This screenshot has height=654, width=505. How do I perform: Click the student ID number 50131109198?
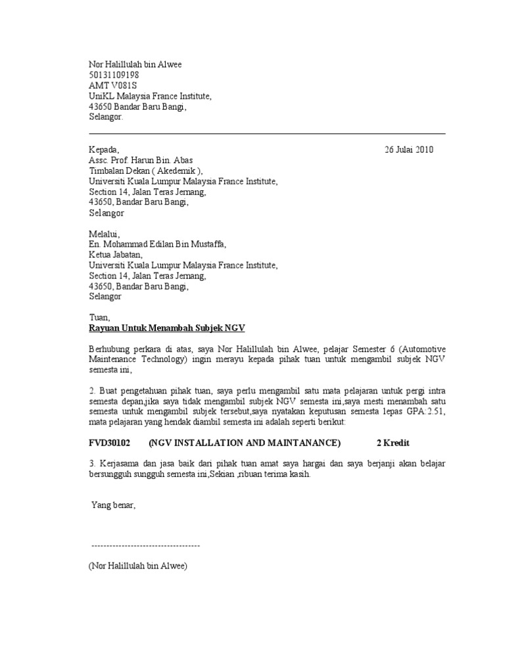click(114, 75)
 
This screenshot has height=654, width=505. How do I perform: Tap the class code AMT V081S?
click(114, 86)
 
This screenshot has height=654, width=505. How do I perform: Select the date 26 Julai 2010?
click(409, 149)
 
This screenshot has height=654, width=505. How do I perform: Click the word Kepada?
click(104, 149)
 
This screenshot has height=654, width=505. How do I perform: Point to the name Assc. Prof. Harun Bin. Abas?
click(141, 160)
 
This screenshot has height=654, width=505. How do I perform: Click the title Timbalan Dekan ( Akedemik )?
click(146, 170)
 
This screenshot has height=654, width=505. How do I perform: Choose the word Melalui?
click(105, 234)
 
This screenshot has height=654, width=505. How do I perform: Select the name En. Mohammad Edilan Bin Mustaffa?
click(157, 244)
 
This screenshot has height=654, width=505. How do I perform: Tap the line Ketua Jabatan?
click(115, 255)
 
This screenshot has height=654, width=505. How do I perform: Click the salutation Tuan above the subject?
click(99, 317)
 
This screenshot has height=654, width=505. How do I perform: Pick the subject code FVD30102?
click(109, 443)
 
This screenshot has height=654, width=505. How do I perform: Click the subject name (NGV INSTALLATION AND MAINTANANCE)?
click(245, 443)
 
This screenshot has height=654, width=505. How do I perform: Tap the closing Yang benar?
click(113, 505)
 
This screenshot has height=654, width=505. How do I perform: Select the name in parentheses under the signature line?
click(138, 565)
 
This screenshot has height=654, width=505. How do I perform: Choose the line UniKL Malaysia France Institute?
click(150, 96)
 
